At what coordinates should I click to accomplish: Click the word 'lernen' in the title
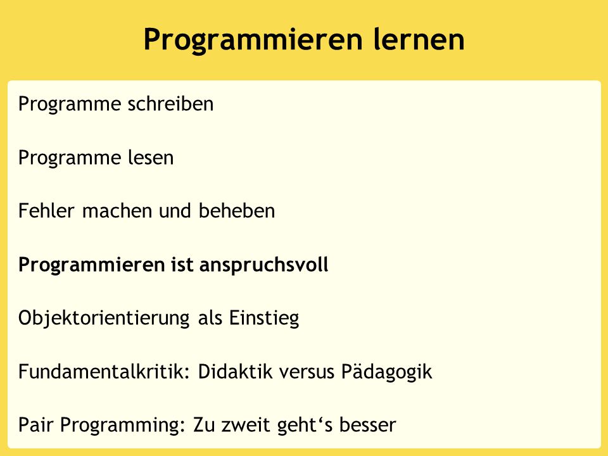(x=419, y=39)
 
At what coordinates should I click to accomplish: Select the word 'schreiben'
(x=170, y=103)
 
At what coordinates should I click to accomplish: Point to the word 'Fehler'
(x=46, y=211)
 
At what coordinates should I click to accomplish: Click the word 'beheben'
(x=236, y=211)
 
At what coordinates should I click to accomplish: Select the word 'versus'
(x=307, y=372)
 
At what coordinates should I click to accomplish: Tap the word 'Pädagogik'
(x=386, y=372)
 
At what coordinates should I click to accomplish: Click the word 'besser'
(x=367, y=424)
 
